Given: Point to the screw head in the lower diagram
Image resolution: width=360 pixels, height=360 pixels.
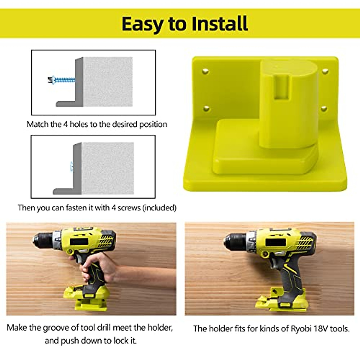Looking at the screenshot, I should (72, 166).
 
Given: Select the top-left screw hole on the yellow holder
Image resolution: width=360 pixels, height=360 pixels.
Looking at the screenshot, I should (205, 71).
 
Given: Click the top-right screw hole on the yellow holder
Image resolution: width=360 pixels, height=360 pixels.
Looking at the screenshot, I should (325, 71).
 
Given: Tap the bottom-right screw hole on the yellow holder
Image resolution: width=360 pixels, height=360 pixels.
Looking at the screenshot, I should (324, 108).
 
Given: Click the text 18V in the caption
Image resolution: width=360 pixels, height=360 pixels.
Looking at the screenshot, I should (320, 328).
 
